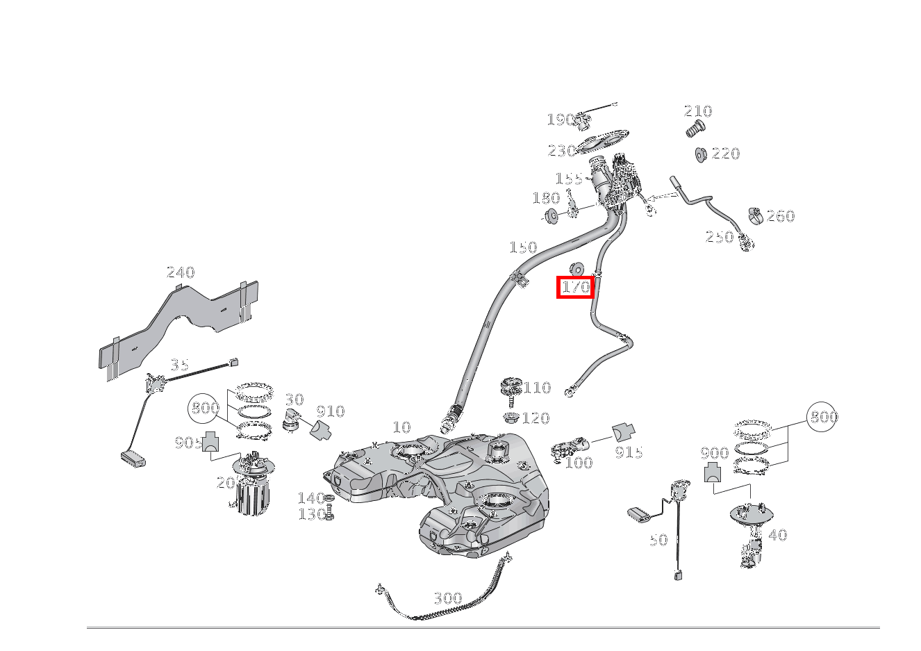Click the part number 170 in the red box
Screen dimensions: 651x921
tap(575, 287)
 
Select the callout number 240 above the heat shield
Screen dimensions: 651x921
tap(181, 272)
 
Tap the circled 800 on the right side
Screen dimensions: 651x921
tap(823, 417)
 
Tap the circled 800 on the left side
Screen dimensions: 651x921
tap(205, 409)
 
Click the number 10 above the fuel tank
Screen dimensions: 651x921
tap(401, 427)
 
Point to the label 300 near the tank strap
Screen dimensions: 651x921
tap(447, 598)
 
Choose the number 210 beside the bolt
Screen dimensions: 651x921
tap(697, 111)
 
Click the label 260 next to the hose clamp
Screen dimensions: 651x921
tap(780, 216)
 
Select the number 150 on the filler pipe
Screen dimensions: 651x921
tap(522, 247)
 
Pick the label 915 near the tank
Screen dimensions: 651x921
tap(629, 452)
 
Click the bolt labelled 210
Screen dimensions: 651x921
tap(695, 129)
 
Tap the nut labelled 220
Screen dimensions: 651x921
tap(701, 154)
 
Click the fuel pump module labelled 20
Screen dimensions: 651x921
tap(252, 490)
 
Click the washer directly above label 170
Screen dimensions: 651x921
tap(576, 270)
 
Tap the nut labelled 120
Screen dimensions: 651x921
tap(511, 418)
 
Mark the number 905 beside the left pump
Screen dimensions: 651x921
tap(188, 443)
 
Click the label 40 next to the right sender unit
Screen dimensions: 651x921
tap(777, 535)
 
